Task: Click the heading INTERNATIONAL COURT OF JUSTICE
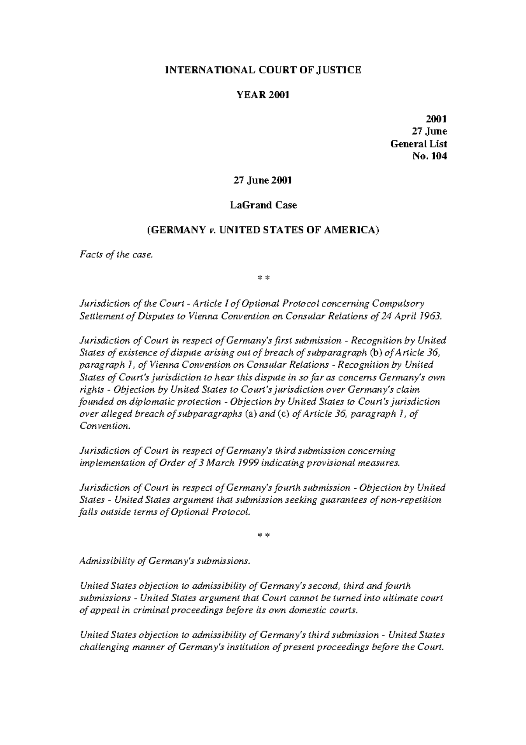point(263,70)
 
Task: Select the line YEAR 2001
point(263,95)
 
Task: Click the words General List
point(419,144)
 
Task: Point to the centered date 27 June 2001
point(263,180)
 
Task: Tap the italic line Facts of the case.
point(117,254)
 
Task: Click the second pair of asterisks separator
point(263,536)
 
